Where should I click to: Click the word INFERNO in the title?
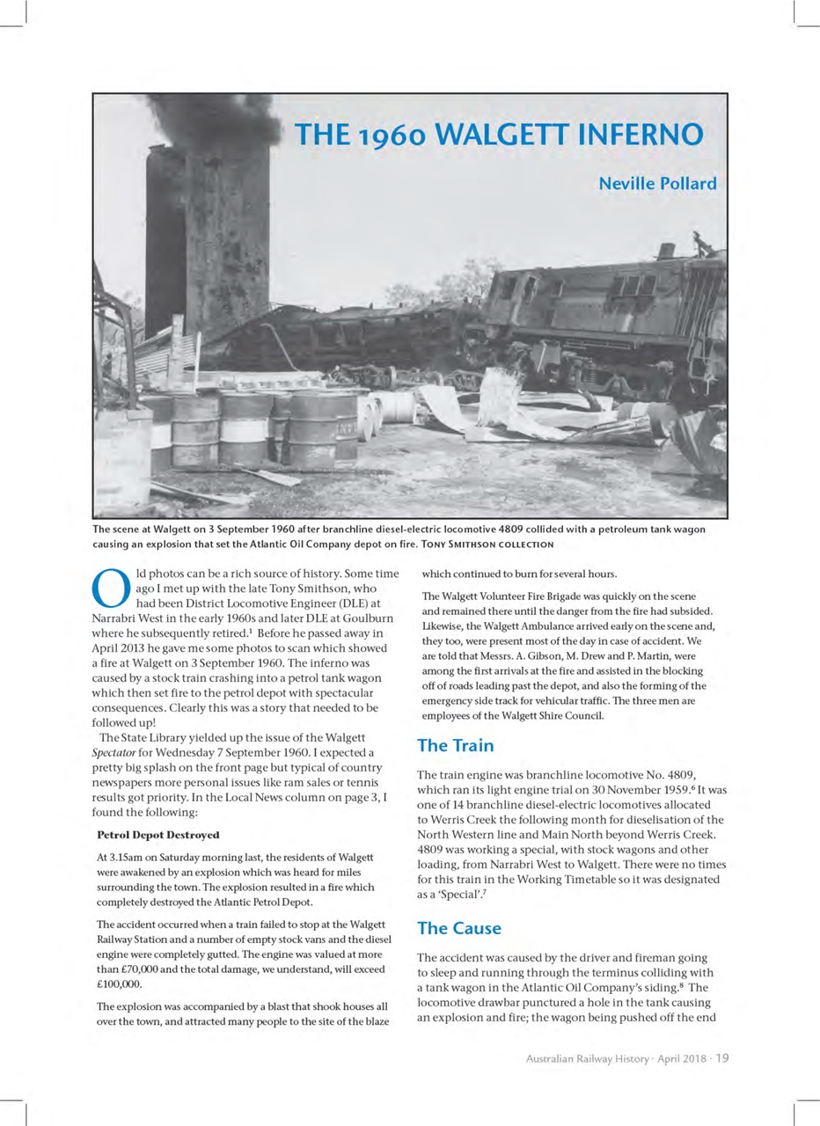[x=641, y=135]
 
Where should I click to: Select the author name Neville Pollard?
[x=657, y=184]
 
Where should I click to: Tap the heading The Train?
[x=455, y=746]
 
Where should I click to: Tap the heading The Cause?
[x=459, y=928]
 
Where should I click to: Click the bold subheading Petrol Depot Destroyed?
[x=157, y=835]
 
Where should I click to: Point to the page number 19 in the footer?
[x=721, y=1058]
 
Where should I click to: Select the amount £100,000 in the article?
[x=119, y=983]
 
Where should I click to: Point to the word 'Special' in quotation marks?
[x=457, y=895]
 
